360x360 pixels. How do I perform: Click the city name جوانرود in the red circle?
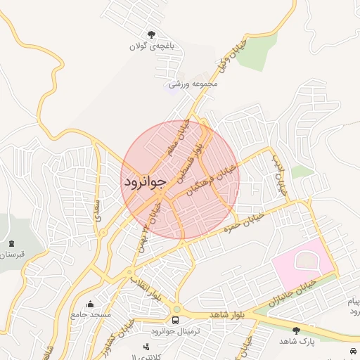click(144, 181)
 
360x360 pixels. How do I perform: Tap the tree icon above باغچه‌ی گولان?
click(151, 34)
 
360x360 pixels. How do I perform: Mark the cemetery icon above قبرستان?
click(11, 243)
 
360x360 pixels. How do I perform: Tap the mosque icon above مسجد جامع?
click(90, 304)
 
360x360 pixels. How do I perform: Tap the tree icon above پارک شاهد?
click(296, 330)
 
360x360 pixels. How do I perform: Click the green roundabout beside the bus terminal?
click(176, 309)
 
